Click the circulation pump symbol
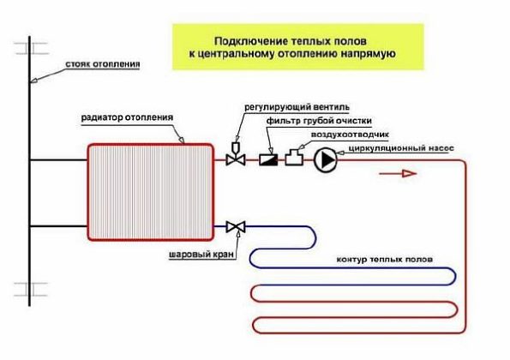point(325,159)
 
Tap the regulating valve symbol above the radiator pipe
point(233,158)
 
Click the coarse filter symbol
point(267,159)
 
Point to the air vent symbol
point(294,158)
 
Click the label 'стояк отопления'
point(100,65)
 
